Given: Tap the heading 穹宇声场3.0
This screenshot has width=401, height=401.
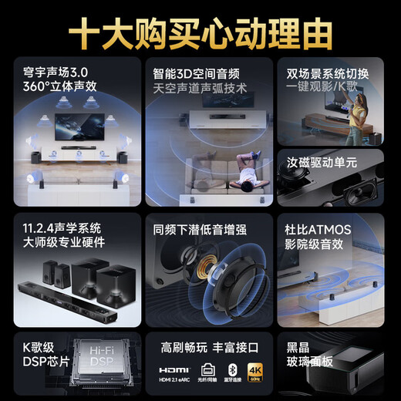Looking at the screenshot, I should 56,75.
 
